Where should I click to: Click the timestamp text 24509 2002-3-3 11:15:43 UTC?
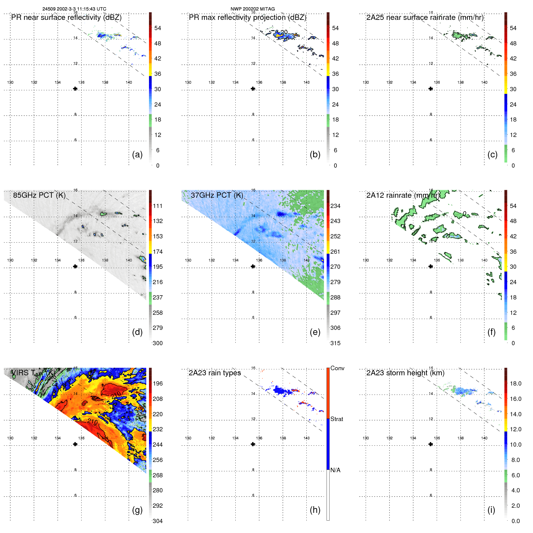(x=74, y=9)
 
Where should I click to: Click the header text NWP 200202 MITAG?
(x=253, y=9)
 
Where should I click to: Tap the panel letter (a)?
(x=137, y=154)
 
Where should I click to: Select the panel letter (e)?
(x=315, y=332)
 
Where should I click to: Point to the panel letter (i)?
(x=491, y=510)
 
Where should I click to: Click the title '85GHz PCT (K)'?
(x=39, y=195)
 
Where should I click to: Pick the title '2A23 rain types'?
(x=215, y=373)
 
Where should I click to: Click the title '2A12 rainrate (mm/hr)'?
(x=403, y=195)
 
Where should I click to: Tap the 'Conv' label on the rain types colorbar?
(x=337, y=368)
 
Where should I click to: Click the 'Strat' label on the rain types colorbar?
(x=336, y=419)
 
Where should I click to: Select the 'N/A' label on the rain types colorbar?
(x=335, y=470)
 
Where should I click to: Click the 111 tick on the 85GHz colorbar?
(x=158, y=206)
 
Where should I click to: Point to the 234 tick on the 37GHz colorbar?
(x=335, y=206)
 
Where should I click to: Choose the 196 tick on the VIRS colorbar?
(x=158, y=383)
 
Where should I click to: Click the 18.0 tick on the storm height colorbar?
(x=515, y=383)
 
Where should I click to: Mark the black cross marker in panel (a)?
(x=75, y=89)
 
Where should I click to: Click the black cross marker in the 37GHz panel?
(x=253, y=266)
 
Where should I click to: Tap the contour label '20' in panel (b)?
(x=284, y=32)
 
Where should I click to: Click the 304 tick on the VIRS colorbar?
(x=158, y=521)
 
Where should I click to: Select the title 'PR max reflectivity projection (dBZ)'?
(x=247, y=17)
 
